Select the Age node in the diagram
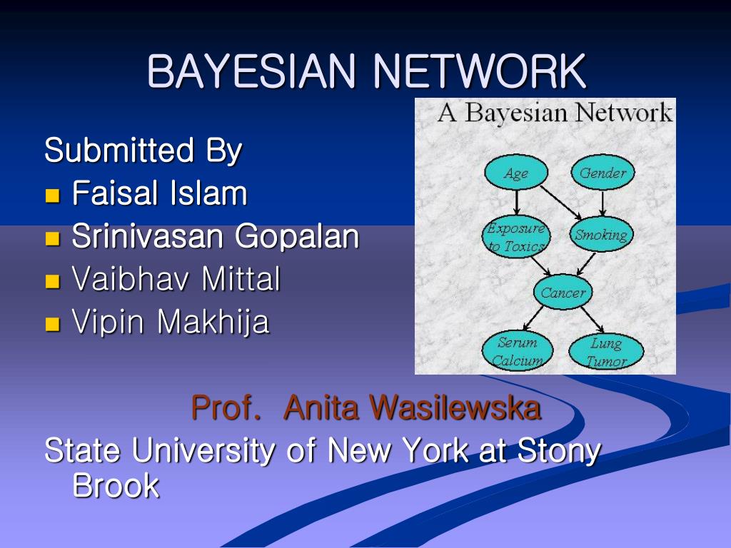click(x=516, y=173)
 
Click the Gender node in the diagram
click(x=603, y=173)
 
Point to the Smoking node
click(x=601, y=235)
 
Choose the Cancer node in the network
click(x=563, y=293)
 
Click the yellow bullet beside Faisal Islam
click(x=52, y=196)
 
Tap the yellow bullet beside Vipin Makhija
click(x=52, y=324)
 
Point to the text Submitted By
click(x=143, y=151)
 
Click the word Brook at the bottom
click(x=116, y=487)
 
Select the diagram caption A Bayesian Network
click(x=555, y=113)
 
